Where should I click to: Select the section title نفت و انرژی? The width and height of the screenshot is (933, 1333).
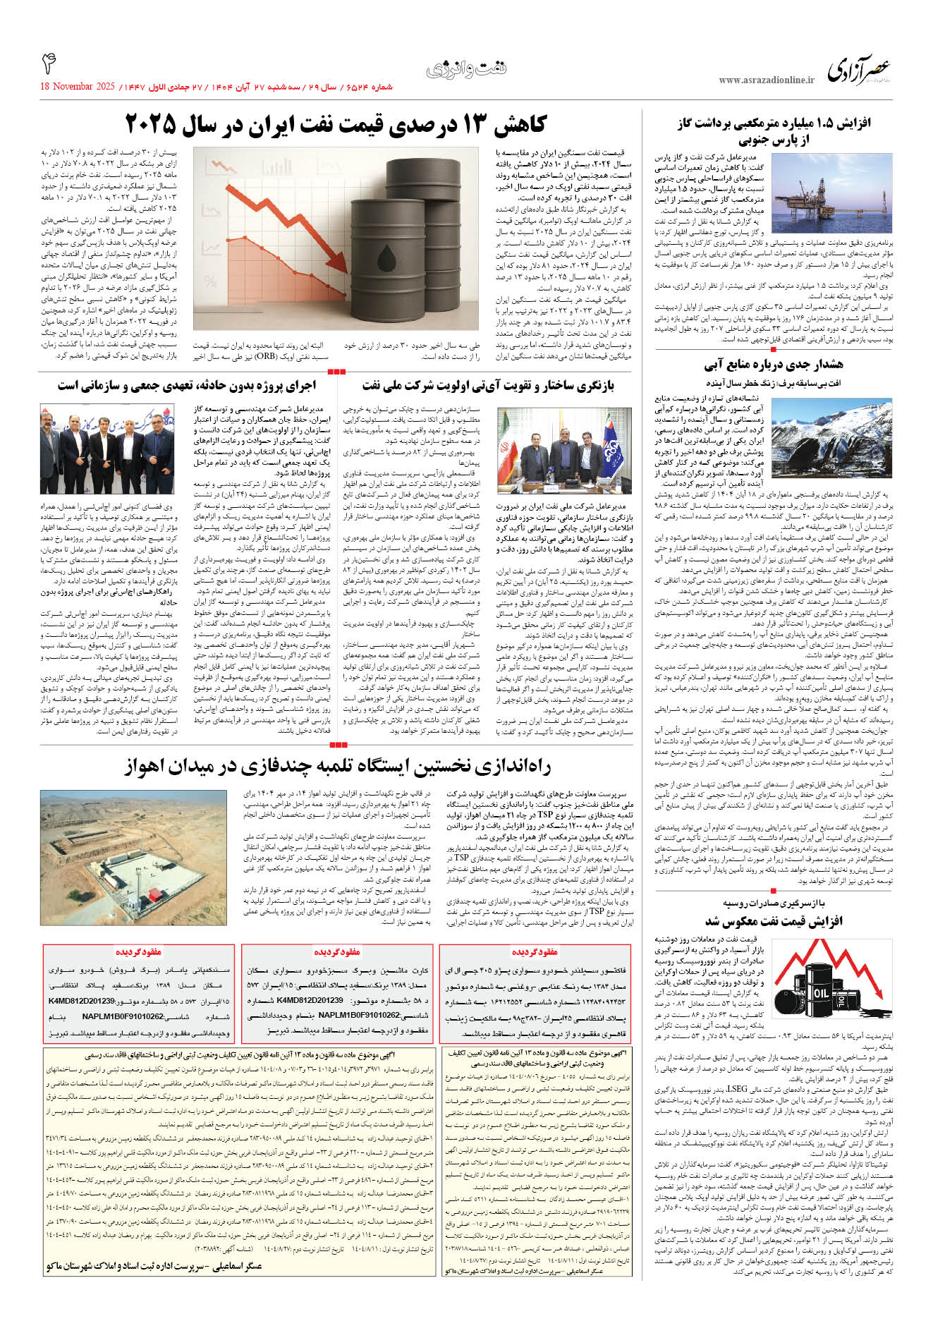point(466,70)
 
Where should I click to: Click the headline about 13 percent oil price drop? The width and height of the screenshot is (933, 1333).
point(336,125)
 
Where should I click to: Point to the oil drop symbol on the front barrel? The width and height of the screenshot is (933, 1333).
point(387,254)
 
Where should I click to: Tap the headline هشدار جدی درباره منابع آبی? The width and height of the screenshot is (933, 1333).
point(773,365)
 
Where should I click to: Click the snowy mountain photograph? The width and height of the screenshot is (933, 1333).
point(832,438)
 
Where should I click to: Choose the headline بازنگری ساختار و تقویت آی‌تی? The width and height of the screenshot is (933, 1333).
point(487,386)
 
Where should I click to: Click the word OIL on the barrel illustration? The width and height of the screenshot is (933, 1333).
point(821,992)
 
